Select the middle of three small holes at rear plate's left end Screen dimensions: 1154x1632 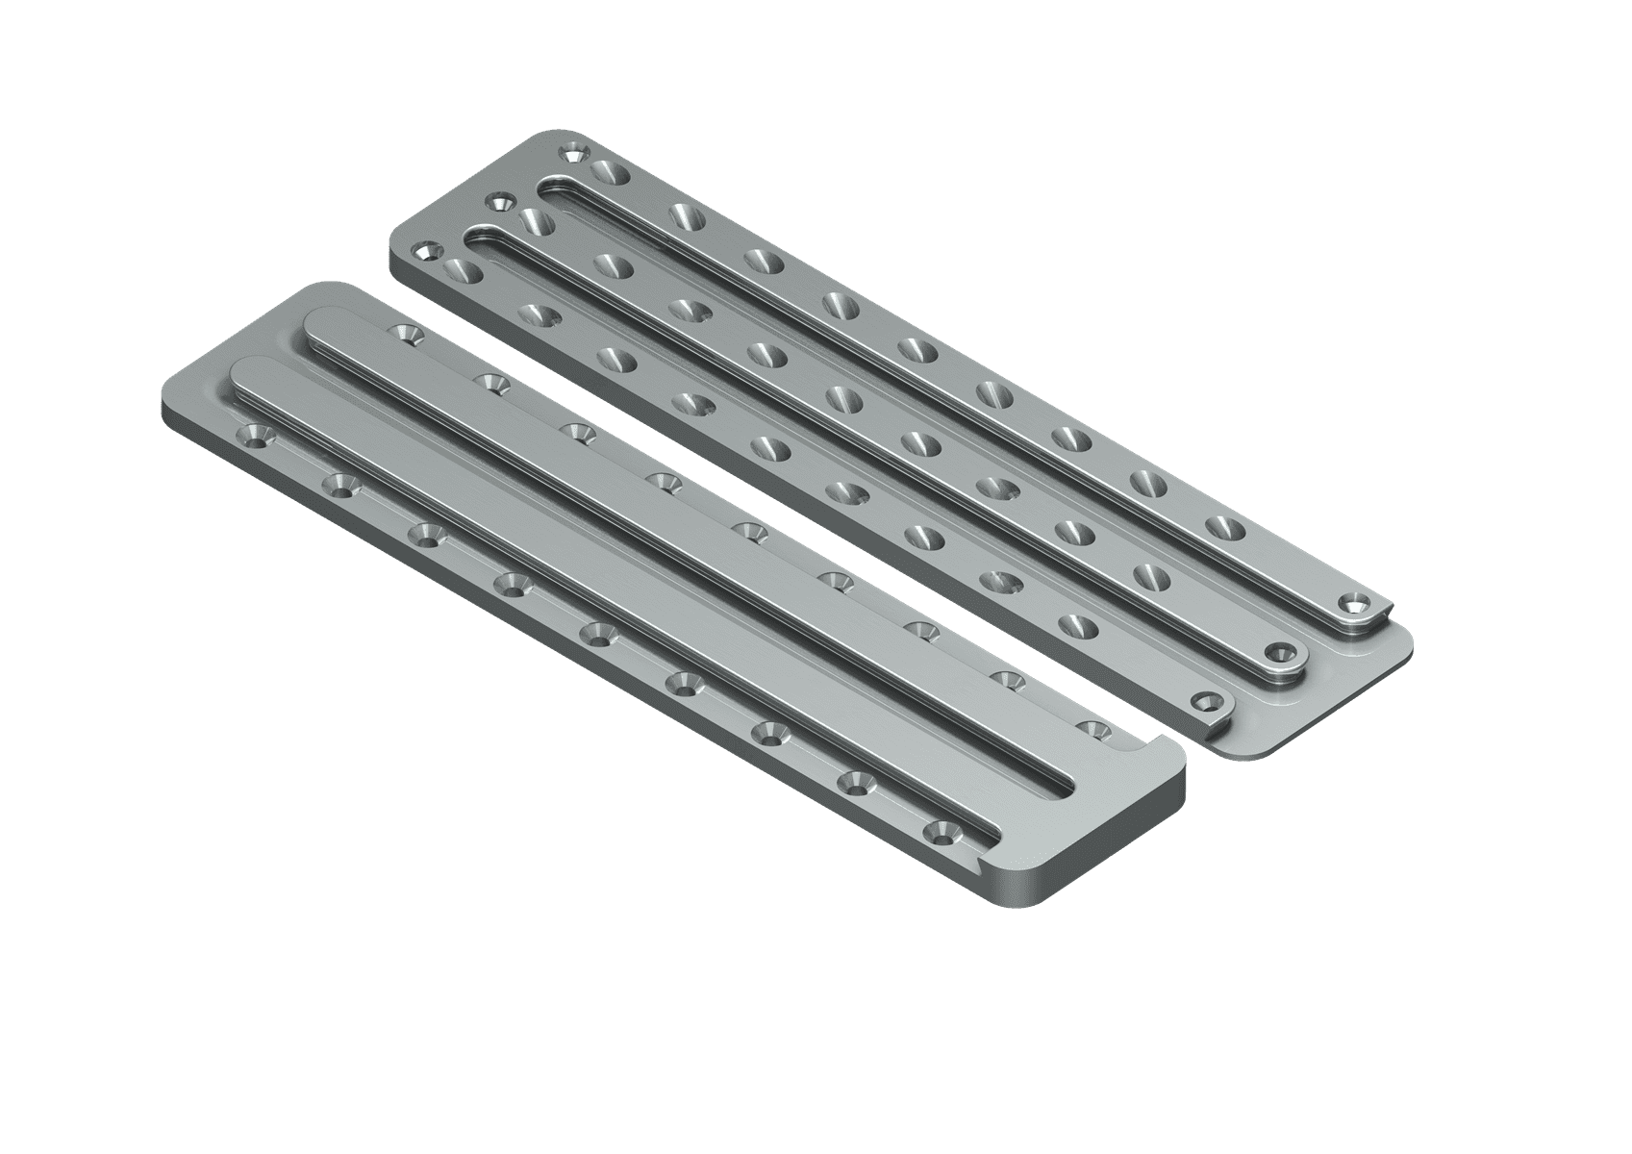498,202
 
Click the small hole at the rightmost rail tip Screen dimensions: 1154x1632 1356,604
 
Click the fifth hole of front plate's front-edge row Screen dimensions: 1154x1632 598,633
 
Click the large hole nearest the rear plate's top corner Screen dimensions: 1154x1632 610,174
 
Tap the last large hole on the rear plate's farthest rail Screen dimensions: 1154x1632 1221,527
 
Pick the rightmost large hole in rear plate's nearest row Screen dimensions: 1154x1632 1077,623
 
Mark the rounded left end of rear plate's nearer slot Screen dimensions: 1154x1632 478,237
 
